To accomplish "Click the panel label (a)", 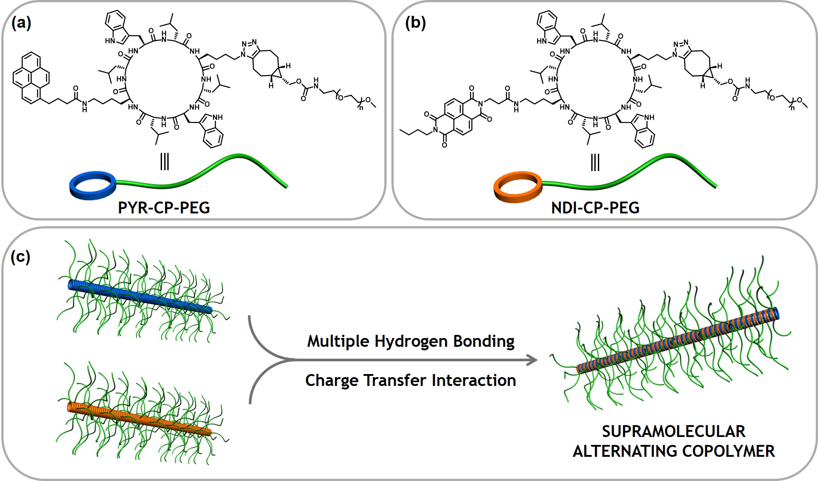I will (21, 22).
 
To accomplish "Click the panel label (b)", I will (415, 22).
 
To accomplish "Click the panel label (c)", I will (20, 256).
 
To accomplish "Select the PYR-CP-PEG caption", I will (164, 207).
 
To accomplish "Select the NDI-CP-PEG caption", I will (595, 207).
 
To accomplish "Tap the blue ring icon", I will (93, 186).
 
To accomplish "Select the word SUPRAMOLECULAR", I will (674, 431).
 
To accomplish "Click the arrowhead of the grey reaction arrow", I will (533, 360).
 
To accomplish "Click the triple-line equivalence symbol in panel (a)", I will (164, 162).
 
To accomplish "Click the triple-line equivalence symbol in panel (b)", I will (595, 162).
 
